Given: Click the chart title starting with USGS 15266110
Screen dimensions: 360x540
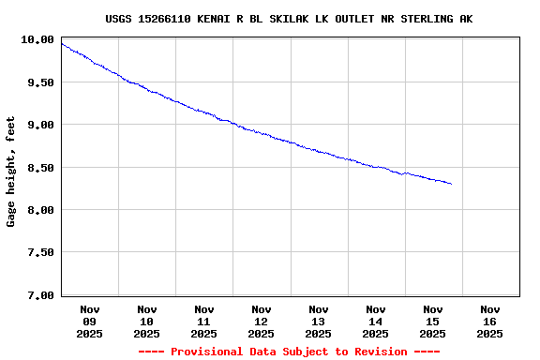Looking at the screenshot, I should coord(289,19).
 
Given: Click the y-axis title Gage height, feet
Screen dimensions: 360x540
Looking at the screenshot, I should coord(11,172).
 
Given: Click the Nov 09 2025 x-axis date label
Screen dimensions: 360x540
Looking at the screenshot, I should coord(90,321).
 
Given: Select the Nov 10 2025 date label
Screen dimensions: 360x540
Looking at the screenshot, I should coord(147,321).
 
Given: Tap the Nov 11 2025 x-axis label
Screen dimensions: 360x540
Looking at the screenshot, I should coord(204,321).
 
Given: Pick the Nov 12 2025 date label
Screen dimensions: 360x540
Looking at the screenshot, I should coord(262,321).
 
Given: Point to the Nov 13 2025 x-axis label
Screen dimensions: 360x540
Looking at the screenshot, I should coord(319,321).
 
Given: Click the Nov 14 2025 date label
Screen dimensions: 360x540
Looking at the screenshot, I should coord(376,321).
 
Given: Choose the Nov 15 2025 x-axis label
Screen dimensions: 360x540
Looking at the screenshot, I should coord(433,321).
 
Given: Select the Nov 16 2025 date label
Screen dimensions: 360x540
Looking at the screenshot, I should coord(490,321).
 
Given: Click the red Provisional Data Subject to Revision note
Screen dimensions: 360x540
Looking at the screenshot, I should coord(289,352).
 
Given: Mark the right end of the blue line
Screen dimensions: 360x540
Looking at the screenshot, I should coord(451,184).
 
